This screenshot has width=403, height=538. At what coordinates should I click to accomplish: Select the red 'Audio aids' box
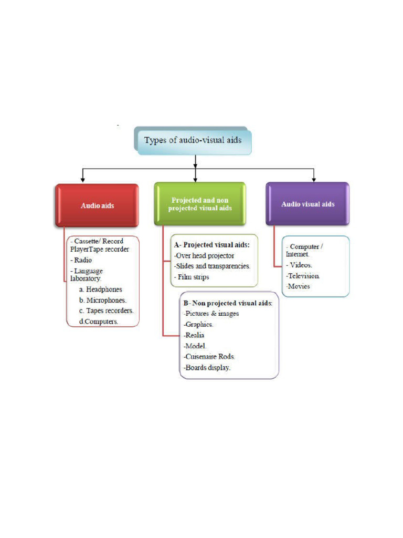pos(97,205)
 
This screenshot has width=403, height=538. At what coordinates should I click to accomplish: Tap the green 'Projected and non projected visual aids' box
pos(199,204)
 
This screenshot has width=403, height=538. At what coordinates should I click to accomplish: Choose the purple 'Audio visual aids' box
pos(307,204)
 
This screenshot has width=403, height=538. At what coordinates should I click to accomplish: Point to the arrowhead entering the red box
pos(82,180)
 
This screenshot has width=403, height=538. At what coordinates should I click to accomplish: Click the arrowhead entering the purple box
pos(314,179)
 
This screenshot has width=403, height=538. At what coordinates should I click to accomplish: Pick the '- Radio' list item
pos(82,260)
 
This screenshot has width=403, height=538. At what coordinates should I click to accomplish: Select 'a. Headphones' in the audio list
pos(101,289)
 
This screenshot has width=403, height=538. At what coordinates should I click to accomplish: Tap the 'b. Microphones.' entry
pos(103,300)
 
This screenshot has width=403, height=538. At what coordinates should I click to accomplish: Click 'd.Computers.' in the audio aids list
pos(99,321)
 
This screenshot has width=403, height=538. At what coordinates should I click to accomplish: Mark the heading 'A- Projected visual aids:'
pos(212,245)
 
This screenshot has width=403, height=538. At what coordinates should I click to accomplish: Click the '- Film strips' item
pos(192,277)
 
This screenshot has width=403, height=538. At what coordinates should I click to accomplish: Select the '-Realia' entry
pos(194,335)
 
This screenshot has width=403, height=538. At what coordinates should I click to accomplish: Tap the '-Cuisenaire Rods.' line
pos(206,357)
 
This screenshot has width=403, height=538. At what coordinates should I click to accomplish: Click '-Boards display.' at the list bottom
pos(207,368)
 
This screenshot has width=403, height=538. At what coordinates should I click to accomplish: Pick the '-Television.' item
pos(303,276)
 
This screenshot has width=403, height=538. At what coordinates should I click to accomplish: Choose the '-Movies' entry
pos(298,286)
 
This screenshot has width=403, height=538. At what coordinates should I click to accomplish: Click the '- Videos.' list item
pos(299,265)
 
